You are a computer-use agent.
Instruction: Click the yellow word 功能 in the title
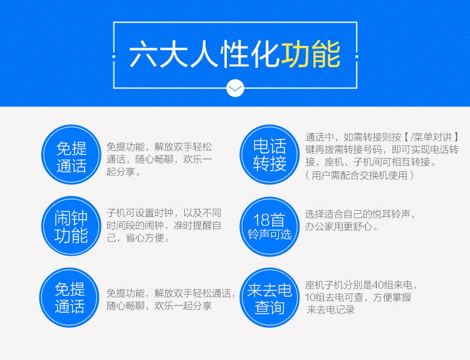(311, 55)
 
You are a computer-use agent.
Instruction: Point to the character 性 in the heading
(235, 55)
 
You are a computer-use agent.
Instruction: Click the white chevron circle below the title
(235, 88)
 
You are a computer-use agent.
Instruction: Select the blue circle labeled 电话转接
(269, 154)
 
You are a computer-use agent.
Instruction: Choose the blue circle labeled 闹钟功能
(71, 226)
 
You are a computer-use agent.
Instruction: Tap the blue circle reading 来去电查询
(269, 298)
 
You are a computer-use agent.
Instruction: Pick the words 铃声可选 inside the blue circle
(269, 235)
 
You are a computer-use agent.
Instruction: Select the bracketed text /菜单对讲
(431, 137)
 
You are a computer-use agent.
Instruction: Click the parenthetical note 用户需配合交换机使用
(360, 175)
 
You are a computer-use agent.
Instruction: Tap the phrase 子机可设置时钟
(140, 213)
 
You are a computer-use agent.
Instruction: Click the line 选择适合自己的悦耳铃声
(358, 214)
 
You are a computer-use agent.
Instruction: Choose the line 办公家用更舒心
(338, 226)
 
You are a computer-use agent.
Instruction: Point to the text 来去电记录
(331, 310)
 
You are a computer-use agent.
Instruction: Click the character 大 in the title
(174, 55)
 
